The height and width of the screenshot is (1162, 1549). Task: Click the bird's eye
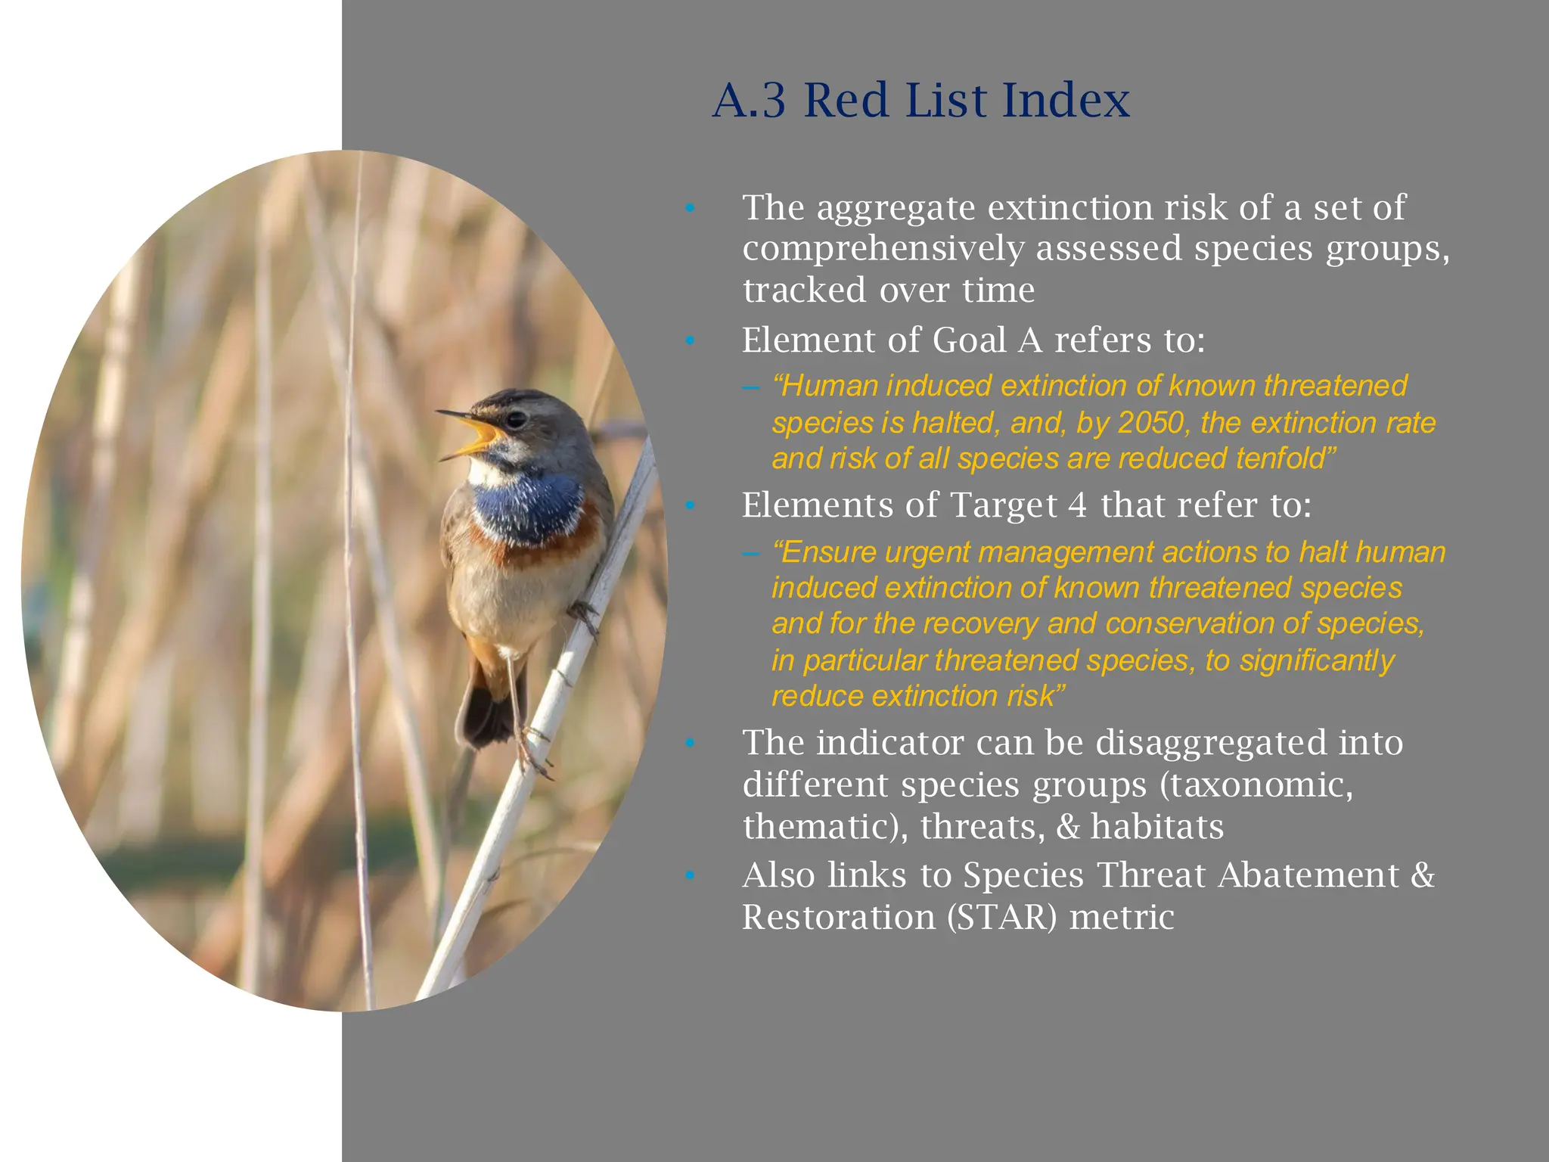coord(517,418)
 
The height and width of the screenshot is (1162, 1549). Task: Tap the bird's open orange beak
coord(478,437)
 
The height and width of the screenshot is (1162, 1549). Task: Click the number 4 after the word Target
coord(1077,505)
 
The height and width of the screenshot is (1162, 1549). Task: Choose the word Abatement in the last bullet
coord(1308,875)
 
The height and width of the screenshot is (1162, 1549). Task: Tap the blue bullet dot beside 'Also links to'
coord(689,876)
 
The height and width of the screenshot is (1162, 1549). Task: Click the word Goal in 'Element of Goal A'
coord(970,340)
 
